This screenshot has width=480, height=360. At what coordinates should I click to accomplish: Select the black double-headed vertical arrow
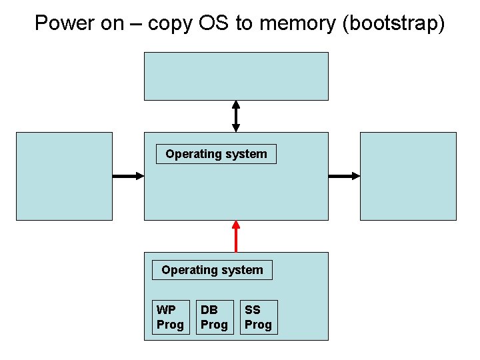click(x=235, y=116)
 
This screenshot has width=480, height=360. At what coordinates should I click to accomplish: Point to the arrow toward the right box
click(x=344, y=176)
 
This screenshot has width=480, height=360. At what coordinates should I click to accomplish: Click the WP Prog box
click(x=170, y=317)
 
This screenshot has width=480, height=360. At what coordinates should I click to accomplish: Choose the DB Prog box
click(x=215, y=317)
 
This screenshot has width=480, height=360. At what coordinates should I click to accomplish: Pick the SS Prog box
click(x=258, y=317)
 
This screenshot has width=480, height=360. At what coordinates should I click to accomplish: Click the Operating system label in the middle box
click(x=216, y=154)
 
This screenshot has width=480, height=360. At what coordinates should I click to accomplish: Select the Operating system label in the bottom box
click(x=212, y=270)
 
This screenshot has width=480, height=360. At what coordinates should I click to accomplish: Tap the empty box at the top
click(x=236, y=76)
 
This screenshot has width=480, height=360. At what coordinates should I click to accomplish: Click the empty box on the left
click(x=64, y=176)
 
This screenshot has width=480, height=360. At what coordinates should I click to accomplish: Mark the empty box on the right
click(x=408, y=176)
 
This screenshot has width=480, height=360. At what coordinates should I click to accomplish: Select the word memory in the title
click(x=293, y=23)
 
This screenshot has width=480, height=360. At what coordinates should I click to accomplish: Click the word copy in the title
click(x=169, y=23)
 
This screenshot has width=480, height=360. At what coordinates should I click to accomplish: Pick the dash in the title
click(x=136, y=23)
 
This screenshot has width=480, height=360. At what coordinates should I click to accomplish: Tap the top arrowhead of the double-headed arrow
click(x=235, y=105)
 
